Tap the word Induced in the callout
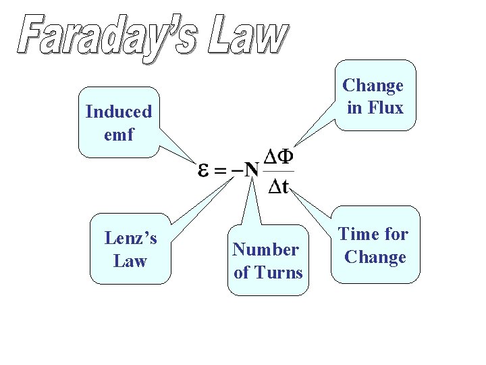pos(119,112)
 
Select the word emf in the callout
pos(119,135)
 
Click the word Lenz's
pos(130,238)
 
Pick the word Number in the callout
pos(265,249)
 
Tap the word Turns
pos(277,272)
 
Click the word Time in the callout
pos(358,234)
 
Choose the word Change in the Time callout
pos(375,257)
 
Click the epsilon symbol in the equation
pos(203,170)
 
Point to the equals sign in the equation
pos(220,170)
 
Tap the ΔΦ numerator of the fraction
pos(278,157)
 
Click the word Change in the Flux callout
pos(373,85)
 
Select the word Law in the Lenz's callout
pos(130,261)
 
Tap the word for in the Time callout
pos(396,234)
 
